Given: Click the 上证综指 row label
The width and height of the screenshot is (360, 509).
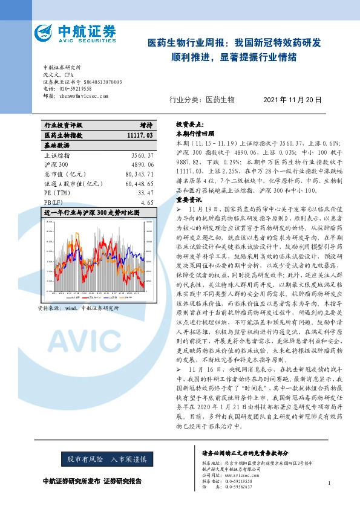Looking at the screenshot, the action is point(56,155).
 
